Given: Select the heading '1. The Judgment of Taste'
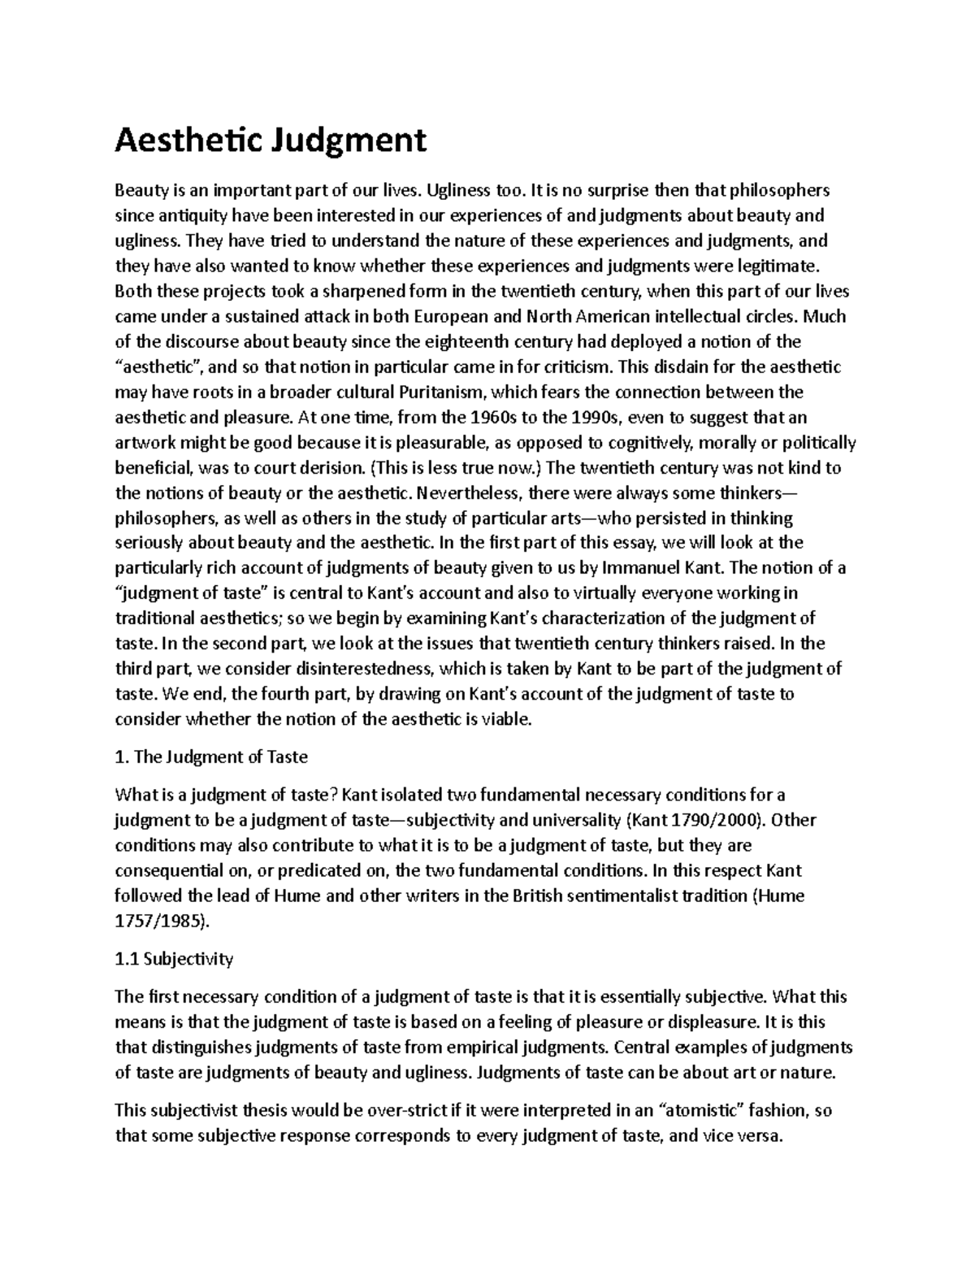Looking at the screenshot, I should (x=211, y=757).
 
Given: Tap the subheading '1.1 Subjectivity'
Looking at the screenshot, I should (x=174, y=959).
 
